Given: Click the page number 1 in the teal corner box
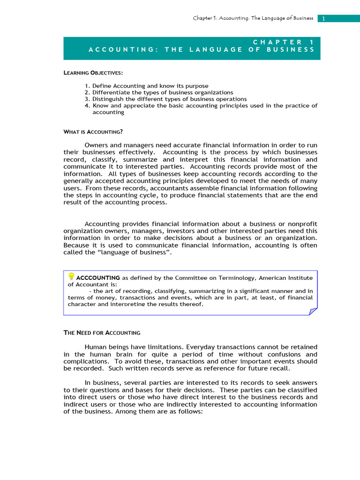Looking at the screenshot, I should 323,18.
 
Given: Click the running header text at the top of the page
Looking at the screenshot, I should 253,18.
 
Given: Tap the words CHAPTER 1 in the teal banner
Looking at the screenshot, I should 284,42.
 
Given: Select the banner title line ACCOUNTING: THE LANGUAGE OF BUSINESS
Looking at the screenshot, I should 202,50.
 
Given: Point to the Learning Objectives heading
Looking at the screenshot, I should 93,73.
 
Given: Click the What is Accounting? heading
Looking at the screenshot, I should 93,132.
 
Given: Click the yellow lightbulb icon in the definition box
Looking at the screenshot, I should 71,277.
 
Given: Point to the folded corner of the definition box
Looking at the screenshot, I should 313,311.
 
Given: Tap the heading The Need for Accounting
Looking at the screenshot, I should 102,333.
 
